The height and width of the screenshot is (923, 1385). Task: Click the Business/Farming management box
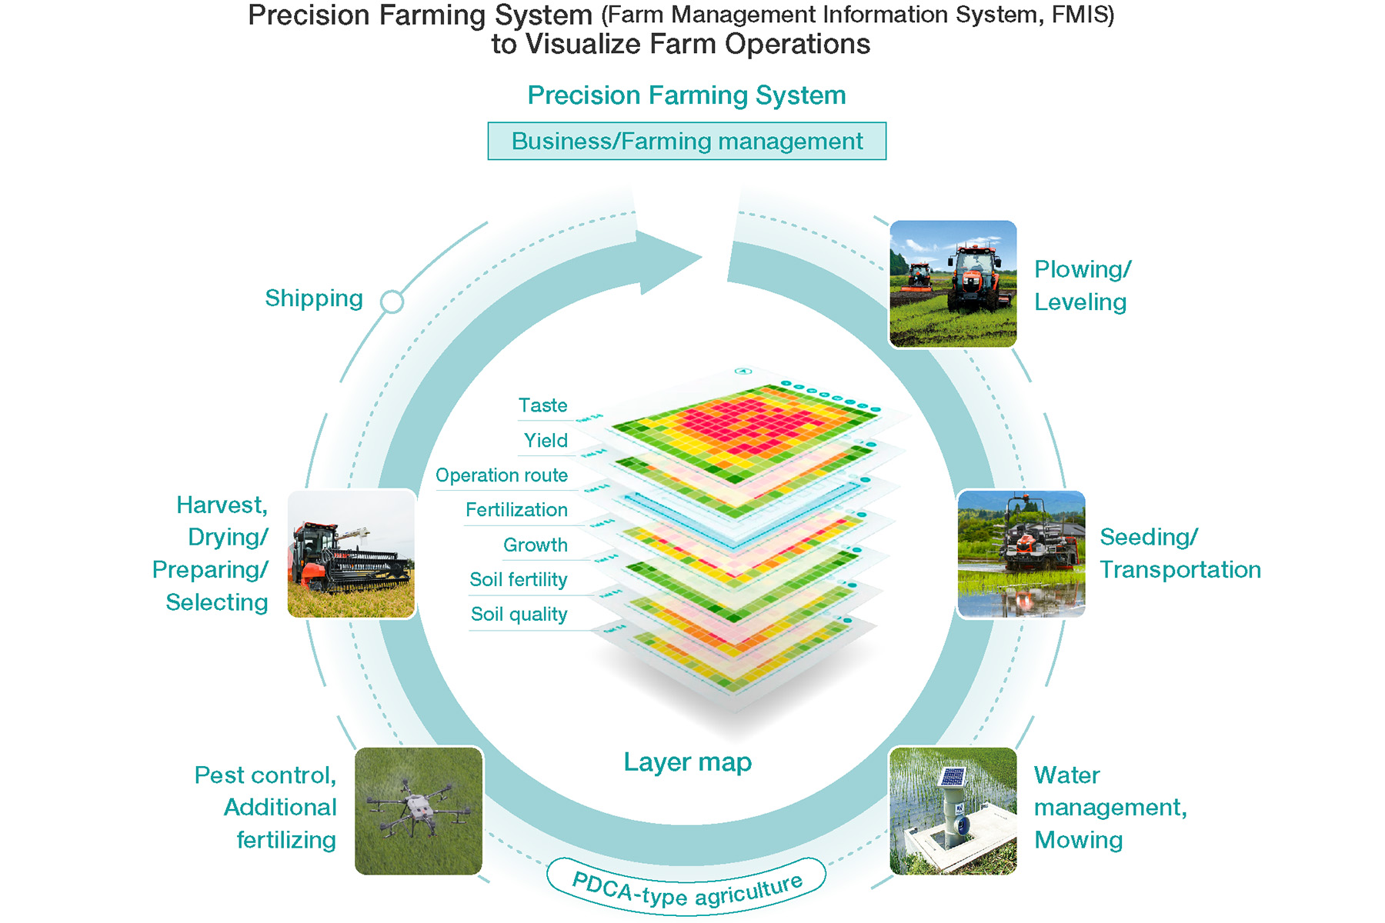click(x=686, y=142)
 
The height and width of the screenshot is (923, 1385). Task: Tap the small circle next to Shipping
click(x=392, y=302)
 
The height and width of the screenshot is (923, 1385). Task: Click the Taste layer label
click(x=542, y=405)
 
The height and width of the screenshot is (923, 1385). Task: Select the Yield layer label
click(x=546, y=441)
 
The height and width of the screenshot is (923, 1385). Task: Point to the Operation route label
click(x=502, y=475)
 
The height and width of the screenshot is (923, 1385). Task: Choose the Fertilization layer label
click(x=516, y=510)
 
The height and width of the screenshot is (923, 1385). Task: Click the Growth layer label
click(x=536, y=545)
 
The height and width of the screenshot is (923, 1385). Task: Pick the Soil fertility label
click(x=519, y=580)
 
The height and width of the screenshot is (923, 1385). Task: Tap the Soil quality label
click(x=519, y=615)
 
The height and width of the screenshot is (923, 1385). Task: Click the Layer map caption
click(x=687, y=761)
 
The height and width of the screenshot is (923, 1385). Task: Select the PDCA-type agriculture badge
click(x=686, y=888)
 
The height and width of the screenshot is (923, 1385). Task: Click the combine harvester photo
click(x=351, y=555)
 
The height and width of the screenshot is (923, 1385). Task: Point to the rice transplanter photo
click(x=1021, y=554)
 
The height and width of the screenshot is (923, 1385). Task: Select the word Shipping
click(x=314, y=298)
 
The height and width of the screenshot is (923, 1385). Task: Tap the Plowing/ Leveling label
click(x=1082, y=285)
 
